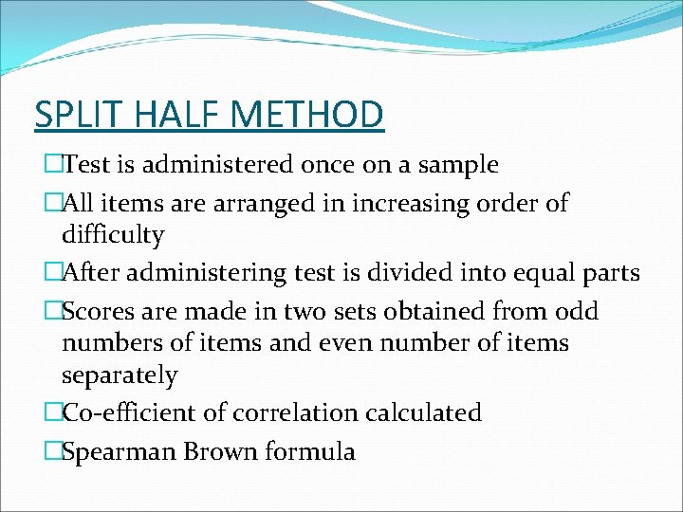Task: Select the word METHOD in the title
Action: click(x=306, y=114)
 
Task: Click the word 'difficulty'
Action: click(x=113, y=234)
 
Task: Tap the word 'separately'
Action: click(x=120, y=375)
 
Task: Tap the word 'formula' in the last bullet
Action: click(x=314, y=452)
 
